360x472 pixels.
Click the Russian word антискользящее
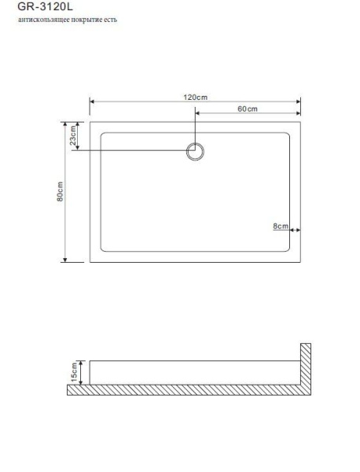(40, 20)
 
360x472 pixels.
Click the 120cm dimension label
(195, 96)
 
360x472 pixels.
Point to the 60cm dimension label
(247, 109)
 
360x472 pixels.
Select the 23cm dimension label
(74, 135)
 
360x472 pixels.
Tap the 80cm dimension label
(60, 192)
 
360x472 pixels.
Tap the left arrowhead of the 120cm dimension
(93, 101)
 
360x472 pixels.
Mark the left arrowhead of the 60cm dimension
(197, 113)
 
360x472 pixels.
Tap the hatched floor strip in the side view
(189, 390)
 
